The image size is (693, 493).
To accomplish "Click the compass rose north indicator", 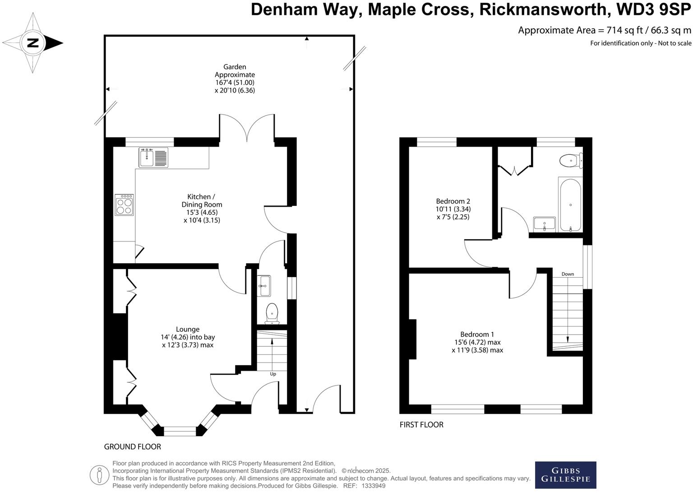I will tap(33, 43).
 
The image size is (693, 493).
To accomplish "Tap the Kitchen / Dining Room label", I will tap(201, 209).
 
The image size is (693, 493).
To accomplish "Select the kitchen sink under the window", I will tap(153, 158).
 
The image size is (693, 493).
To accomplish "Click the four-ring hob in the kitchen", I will tap(124, 205).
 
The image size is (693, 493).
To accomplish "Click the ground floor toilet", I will tap(272, 312).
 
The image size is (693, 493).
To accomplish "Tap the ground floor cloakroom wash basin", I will tap(264, 285).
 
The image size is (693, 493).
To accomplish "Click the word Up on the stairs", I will tap(273, 374).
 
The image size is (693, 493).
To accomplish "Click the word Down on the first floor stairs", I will tap(568, 274).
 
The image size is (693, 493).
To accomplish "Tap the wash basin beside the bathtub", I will tap(544, 224).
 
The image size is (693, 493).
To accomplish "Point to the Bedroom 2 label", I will tap(453, 209).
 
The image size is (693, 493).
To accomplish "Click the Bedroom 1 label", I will tap(477, 342).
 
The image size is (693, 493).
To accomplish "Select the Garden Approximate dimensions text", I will tap(235, 79).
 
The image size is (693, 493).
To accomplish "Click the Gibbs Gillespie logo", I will tap(565, 474).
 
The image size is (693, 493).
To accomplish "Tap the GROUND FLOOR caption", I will tap(132, 446).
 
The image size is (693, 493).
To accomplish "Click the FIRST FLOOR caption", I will tap(421, 424).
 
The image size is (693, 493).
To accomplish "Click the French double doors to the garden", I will tap(247, 127).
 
